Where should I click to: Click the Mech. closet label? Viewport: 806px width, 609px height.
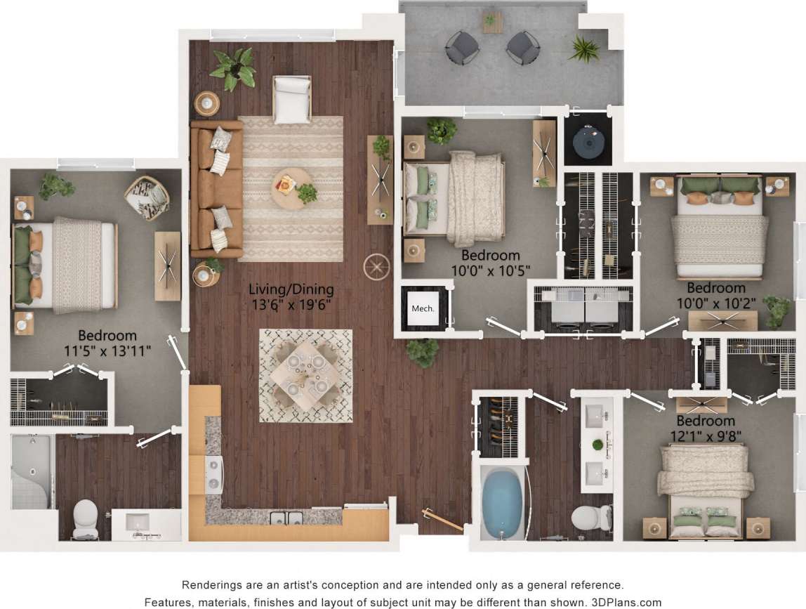pyautogui.click(x=423, y=308)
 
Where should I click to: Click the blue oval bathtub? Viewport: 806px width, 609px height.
pyautogui.click(x=502, y=503)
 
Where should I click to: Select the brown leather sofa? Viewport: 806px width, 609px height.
pyautogui.click(x=216, y=189)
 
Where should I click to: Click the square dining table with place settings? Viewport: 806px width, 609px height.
pyautogui.click(x=306, y=375)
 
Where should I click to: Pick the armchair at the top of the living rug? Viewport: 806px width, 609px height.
pyautogui.click(x=292, y=99)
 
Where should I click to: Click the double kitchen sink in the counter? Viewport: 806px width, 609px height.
pyautogui.click(x=286, y=518)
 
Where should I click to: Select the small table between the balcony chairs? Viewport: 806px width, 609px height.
pyautogui.click(x=492, y=22)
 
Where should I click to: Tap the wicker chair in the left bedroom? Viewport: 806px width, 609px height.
pyautogui.click(x=147, y=197)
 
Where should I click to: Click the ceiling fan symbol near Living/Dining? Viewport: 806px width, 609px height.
pyautogui.click(x=376, y=267)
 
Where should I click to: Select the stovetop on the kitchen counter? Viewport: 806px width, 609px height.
pyautogui.click(x=213, y=472)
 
